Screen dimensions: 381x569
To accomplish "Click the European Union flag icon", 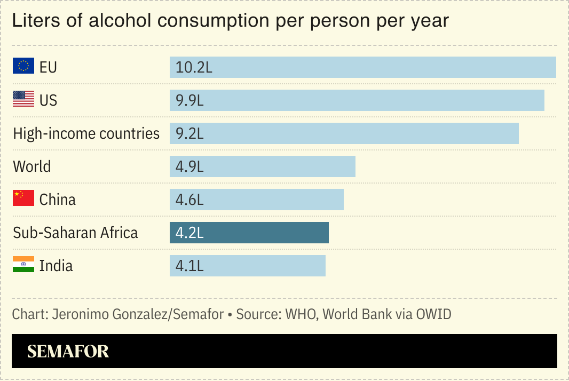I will pos(23,66).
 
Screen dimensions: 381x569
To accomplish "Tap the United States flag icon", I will pos(23,99).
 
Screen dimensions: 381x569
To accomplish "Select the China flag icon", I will pos(23,199).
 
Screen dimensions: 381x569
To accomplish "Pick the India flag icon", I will pos(23,265).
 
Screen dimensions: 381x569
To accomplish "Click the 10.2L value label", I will pos(194,67).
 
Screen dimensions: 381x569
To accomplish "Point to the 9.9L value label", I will pos(190,100).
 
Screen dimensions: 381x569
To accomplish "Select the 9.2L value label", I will pos(190,133).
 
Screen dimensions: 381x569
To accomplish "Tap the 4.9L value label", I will pos(190,166).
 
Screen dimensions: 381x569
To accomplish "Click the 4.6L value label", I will pos(190,200).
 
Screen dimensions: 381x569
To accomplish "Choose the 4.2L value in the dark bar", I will pos(190,233).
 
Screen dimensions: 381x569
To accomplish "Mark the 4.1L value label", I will pos(190,266).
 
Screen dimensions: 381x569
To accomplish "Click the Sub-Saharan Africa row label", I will pos(75,233).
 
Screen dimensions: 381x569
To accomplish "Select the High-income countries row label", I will pos(86,133).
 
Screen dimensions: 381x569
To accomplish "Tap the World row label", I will pos(32,166).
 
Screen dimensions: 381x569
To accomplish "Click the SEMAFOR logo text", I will pos(68,351).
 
